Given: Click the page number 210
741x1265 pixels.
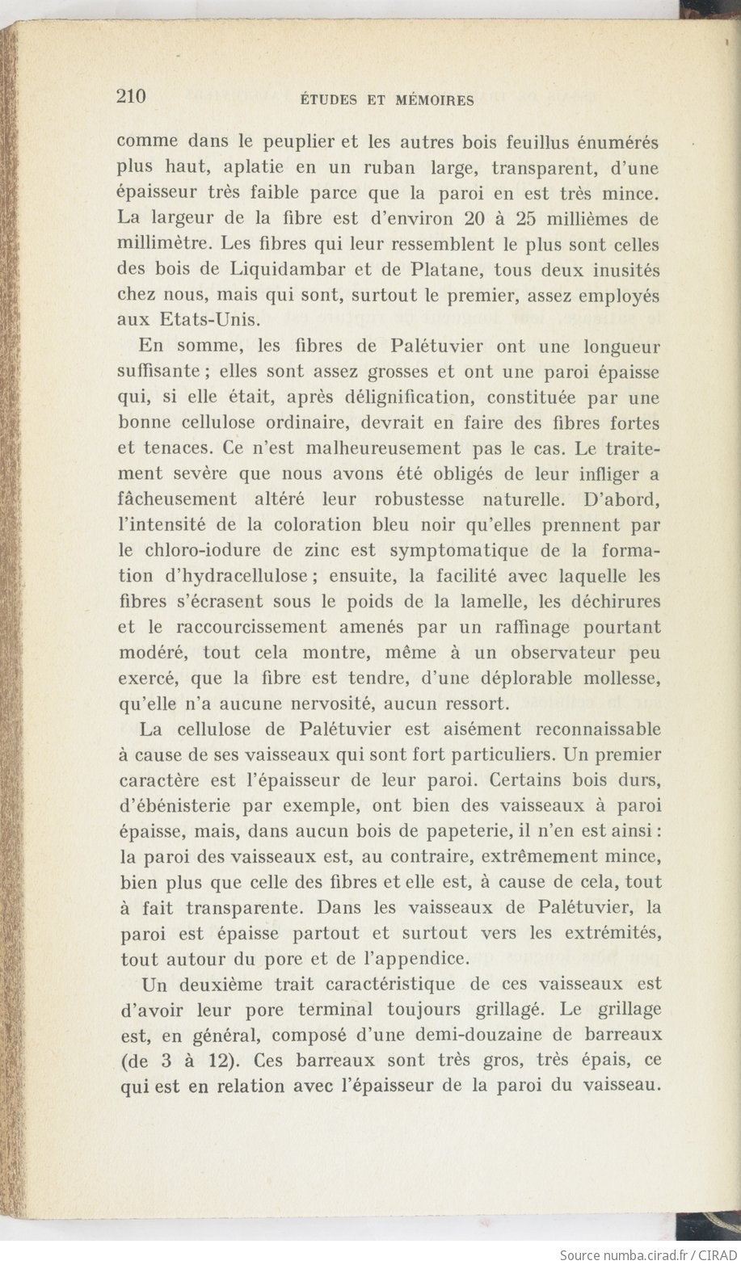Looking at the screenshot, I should point(131,97).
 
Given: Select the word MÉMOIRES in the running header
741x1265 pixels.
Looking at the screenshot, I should point(435,101).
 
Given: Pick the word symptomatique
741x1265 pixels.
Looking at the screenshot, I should point(458,550).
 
